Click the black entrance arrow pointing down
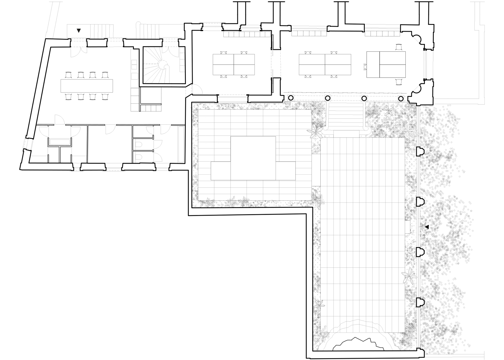coord(79,31)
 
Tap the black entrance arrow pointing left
coord(427,227)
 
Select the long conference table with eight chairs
coord(87,85)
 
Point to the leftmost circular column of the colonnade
coord(290,98)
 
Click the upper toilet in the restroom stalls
coord(137,145)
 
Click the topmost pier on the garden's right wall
coord(420,152)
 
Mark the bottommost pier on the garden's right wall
coord(420,302)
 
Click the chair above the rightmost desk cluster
coord(399,47)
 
